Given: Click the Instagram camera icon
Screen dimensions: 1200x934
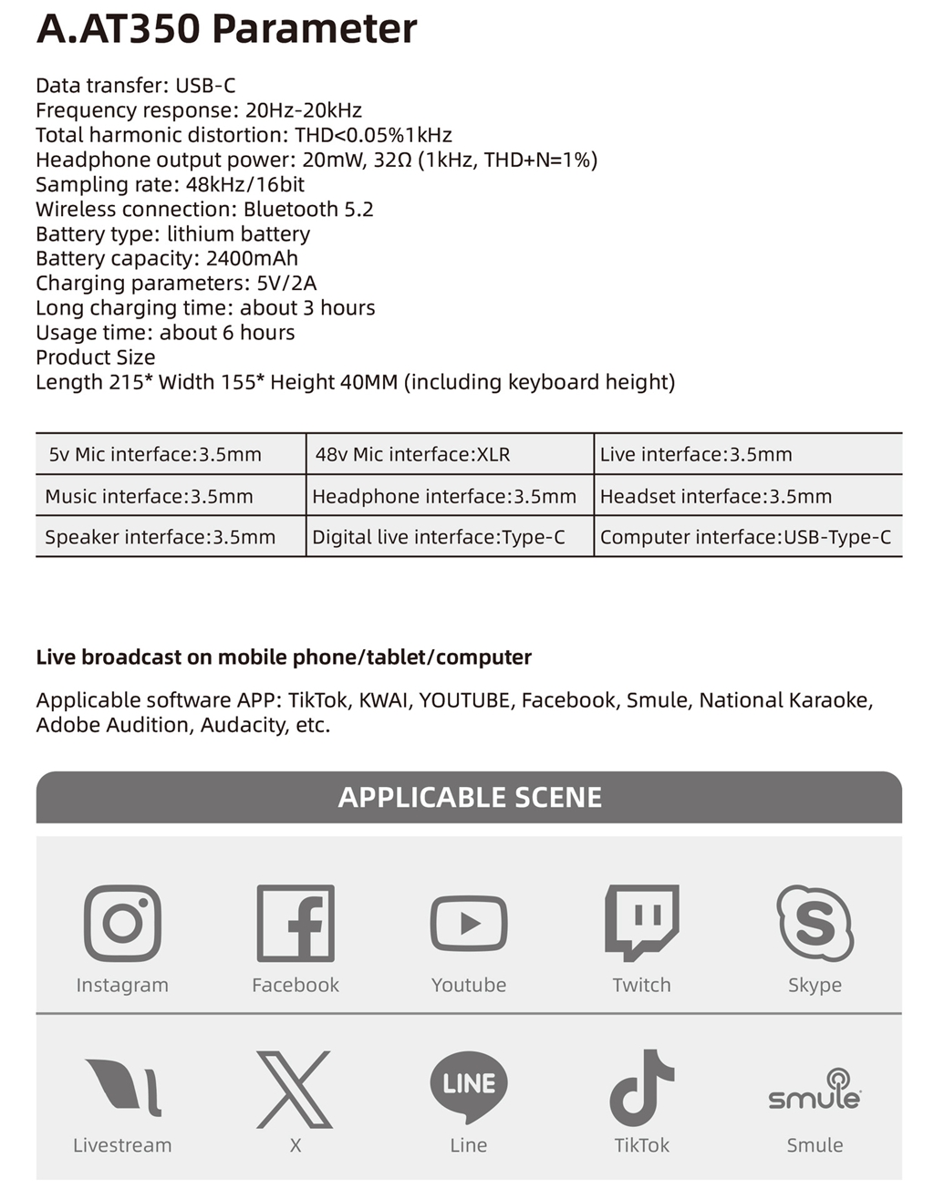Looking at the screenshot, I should pyautogui.click(x=122, y=923).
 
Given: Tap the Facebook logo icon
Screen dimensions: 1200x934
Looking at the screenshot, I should pyautogui.click(x=296, y=923).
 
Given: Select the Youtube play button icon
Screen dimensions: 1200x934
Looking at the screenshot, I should pyautogui.click(x=469, y=923).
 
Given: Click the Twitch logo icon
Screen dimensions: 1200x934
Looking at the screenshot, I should pyautogui.click(x=642, y=922).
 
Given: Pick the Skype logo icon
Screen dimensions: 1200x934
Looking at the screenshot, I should pyautogui.click(x=815, y=923).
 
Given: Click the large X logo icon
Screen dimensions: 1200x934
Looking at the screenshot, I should pyautogui.click(x=295, y=1089).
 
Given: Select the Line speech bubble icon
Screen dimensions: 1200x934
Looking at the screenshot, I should pyautogui.click(x=469, y=1085).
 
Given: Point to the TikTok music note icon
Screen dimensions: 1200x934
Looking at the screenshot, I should pyautogui.click(x=641, y=1087).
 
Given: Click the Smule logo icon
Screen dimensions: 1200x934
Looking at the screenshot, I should pyautogui.click(x=815, y=1090).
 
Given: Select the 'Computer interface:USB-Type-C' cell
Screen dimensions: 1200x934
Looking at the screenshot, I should pyautogui.click(x=745, y=537).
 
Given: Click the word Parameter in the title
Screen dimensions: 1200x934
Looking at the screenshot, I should pyautogui.click(x=314, y=29).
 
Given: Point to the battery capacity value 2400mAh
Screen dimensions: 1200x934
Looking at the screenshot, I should pyautogui.click(x=252, y=258).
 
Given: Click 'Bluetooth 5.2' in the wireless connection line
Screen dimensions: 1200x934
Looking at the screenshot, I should pyautogui.click(x=308, y=209).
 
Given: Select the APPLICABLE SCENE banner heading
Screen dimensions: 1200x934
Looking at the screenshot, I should pyautogui.click(x=469, y=797).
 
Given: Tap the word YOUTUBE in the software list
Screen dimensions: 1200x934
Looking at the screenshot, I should pyautogui.click(x=464, y=700).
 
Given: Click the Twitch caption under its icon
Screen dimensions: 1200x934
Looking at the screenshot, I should pyautogui.click(x=641, y=985).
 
